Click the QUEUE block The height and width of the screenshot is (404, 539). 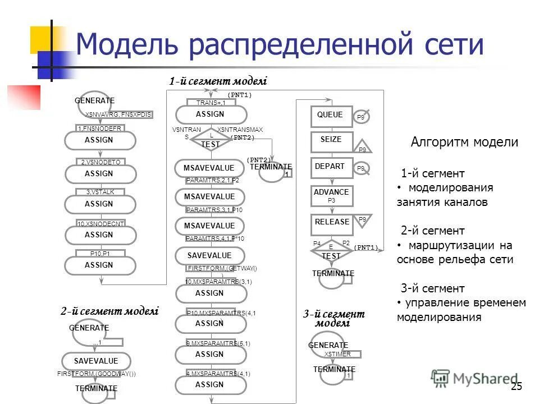click(331, 116)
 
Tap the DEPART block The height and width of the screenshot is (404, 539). click(331, 168)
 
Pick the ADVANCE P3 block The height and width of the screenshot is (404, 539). click(331, 195)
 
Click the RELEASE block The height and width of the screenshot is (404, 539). click(331, 223)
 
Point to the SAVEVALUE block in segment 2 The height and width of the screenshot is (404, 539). click(96, 361)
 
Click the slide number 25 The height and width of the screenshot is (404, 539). click(517, 386)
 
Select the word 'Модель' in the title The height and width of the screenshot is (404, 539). click(122, 45)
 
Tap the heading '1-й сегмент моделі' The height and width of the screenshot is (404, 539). click(218, 82)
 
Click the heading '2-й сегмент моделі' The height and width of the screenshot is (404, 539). click(109, 311)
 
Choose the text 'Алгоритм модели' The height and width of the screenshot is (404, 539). click(464, 142)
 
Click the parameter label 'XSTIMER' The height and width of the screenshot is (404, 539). click(337, 354)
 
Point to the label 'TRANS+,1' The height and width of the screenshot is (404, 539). click(211, 103)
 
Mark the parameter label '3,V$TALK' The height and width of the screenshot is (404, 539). click(101, 192)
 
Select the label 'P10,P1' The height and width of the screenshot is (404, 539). click(100, 253)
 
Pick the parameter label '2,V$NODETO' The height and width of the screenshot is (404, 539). click(101, 162)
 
